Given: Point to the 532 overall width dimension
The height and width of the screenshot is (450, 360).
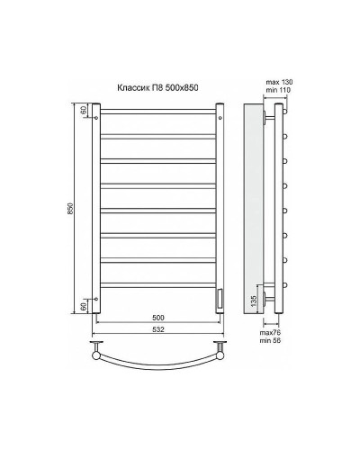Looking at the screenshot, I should click(x=157, y=331).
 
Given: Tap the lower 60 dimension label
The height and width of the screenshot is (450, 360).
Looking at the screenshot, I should click(x=84, y=306).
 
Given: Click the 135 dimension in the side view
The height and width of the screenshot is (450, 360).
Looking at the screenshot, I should click(x=255, y=300).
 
